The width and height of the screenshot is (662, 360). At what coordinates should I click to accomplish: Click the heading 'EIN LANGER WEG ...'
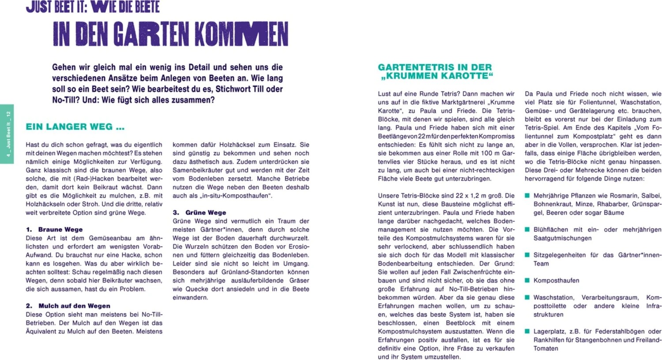click(75, 127)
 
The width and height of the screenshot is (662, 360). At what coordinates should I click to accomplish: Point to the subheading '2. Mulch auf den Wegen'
click(68, 306)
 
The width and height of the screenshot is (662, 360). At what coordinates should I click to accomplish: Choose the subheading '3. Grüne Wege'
click(199, 213)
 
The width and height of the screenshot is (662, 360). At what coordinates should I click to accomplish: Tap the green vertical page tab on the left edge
click(7, 134)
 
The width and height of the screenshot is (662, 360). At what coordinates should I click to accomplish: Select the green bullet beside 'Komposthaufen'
click(527, 280)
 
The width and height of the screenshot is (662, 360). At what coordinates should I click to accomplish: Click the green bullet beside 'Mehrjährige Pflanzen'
click(527, 195)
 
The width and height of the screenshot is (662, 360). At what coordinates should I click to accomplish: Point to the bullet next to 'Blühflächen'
click(527, 229)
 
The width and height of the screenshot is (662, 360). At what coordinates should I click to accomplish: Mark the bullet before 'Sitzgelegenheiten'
click(527, 255)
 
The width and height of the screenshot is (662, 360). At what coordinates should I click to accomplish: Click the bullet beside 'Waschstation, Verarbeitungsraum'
click(527, 297)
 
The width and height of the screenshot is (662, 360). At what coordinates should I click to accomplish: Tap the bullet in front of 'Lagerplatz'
click(527, 331)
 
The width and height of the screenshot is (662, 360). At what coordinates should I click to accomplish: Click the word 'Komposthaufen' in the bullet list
click(556, 281)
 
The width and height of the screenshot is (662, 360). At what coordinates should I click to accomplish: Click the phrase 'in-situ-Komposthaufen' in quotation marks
click(236, 196)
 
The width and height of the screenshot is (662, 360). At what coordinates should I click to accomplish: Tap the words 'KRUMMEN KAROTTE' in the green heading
click(436, 76)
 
